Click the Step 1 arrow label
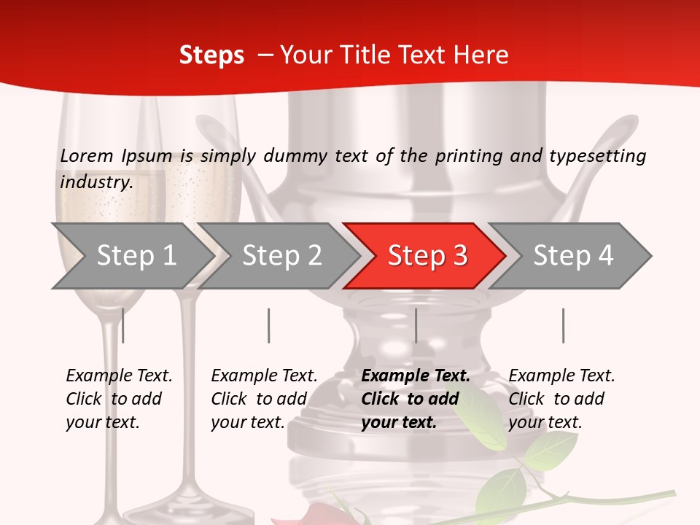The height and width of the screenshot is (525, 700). coord(136,255)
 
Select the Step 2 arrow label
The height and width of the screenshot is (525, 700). coord(282,255)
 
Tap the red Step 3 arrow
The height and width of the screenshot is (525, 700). coord(427,255)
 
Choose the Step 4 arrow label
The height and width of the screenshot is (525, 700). coord(573,255)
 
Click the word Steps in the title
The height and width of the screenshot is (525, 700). coord(211,55)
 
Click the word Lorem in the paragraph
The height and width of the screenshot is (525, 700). coord(87,155)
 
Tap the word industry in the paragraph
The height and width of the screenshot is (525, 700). coord(96,182)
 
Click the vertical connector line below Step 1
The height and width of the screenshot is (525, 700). coord(122,325)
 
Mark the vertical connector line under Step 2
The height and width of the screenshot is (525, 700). coord(268,325)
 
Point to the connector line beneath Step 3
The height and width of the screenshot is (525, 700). coord(416,325)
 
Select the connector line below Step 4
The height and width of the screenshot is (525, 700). coord(563,325)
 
